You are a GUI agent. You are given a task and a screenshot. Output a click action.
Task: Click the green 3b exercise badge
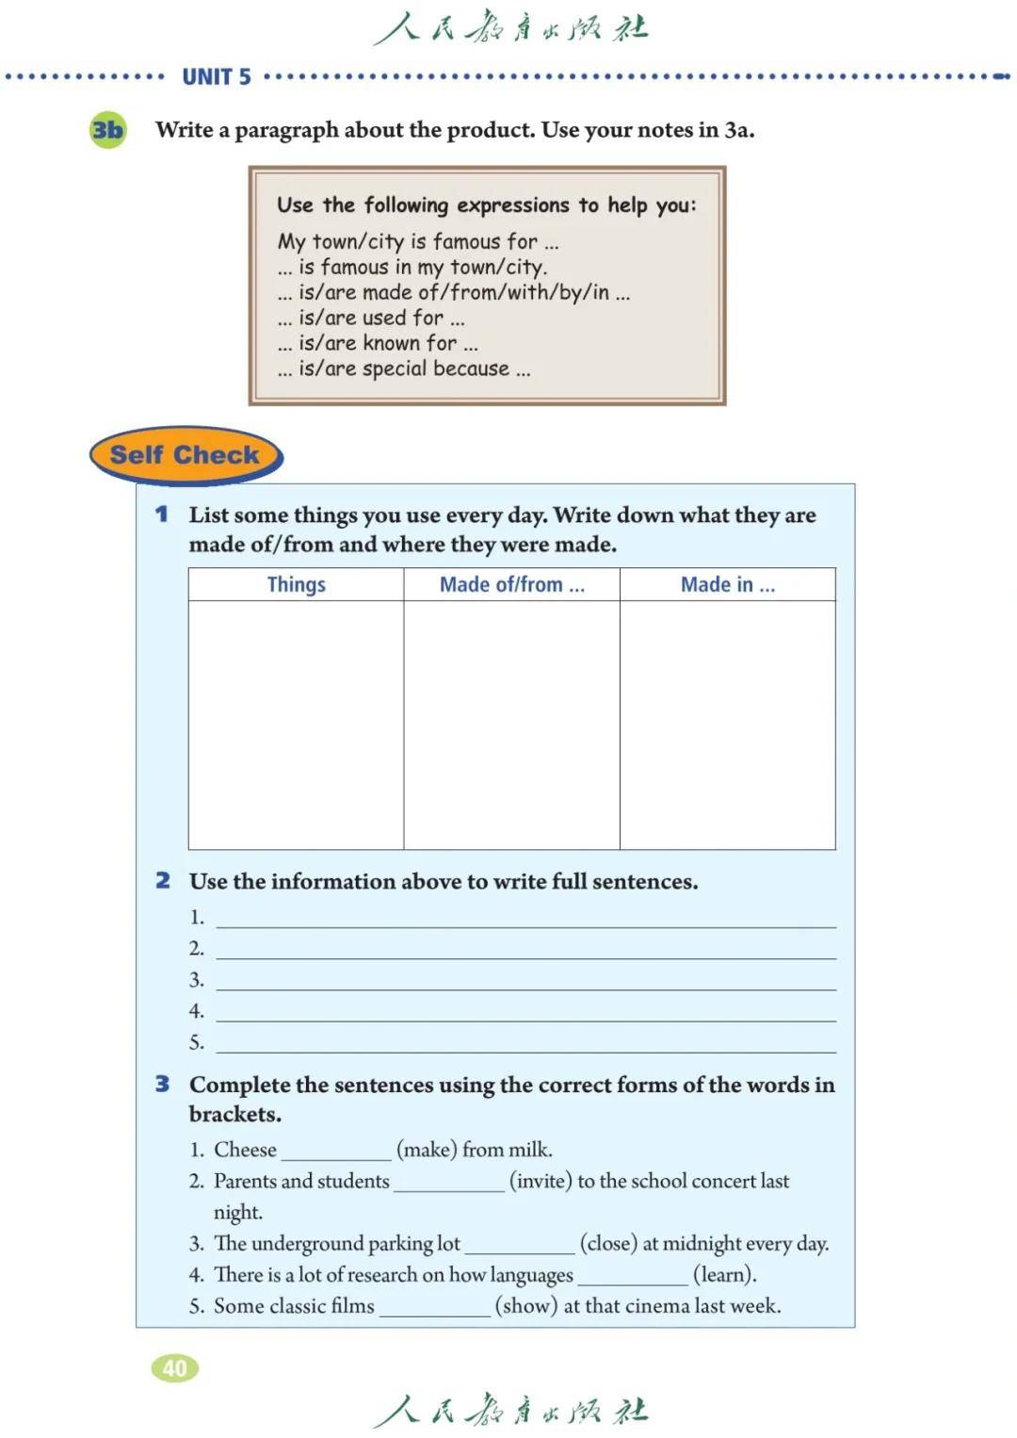tap(107, 130)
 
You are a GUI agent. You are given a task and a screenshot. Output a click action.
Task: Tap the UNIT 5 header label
tap(217, 77)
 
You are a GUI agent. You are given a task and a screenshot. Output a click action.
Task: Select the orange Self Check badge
tap(186, 455)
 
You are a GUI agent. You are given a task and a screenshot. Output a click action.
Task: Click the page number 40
tap(175, 1367)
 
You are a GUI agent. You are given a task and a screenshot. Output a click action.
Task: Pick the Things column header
tap(296, 584)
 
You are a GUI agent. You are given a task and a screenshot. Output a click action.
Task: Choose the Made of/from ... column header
tap(511, 584)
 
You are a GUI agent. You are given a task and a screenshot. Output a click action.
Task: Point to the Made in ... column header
tap(727, 584)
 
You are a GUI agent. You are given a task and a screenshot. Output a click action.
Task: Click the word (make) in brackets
tap(427, 1150)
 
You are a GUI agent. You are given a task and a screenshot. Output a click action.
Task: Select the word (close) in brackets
tap(608, 1244)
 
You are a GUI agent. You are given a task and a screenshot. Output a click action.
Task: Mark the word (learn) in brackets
tap(724, 1275)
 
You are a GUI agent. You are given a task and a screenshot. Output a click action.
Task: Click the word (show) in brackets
tap(526, 1306)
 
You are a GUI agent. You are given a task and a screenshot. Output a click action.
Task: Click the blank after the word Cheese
tap(336, 1152)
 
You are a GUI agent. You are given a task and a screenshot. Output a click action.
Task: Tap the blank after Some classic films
tap(434, 1308)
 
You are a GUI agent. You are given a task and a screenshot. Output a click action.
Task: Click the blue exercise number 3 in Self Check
tap(163, 1085)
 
